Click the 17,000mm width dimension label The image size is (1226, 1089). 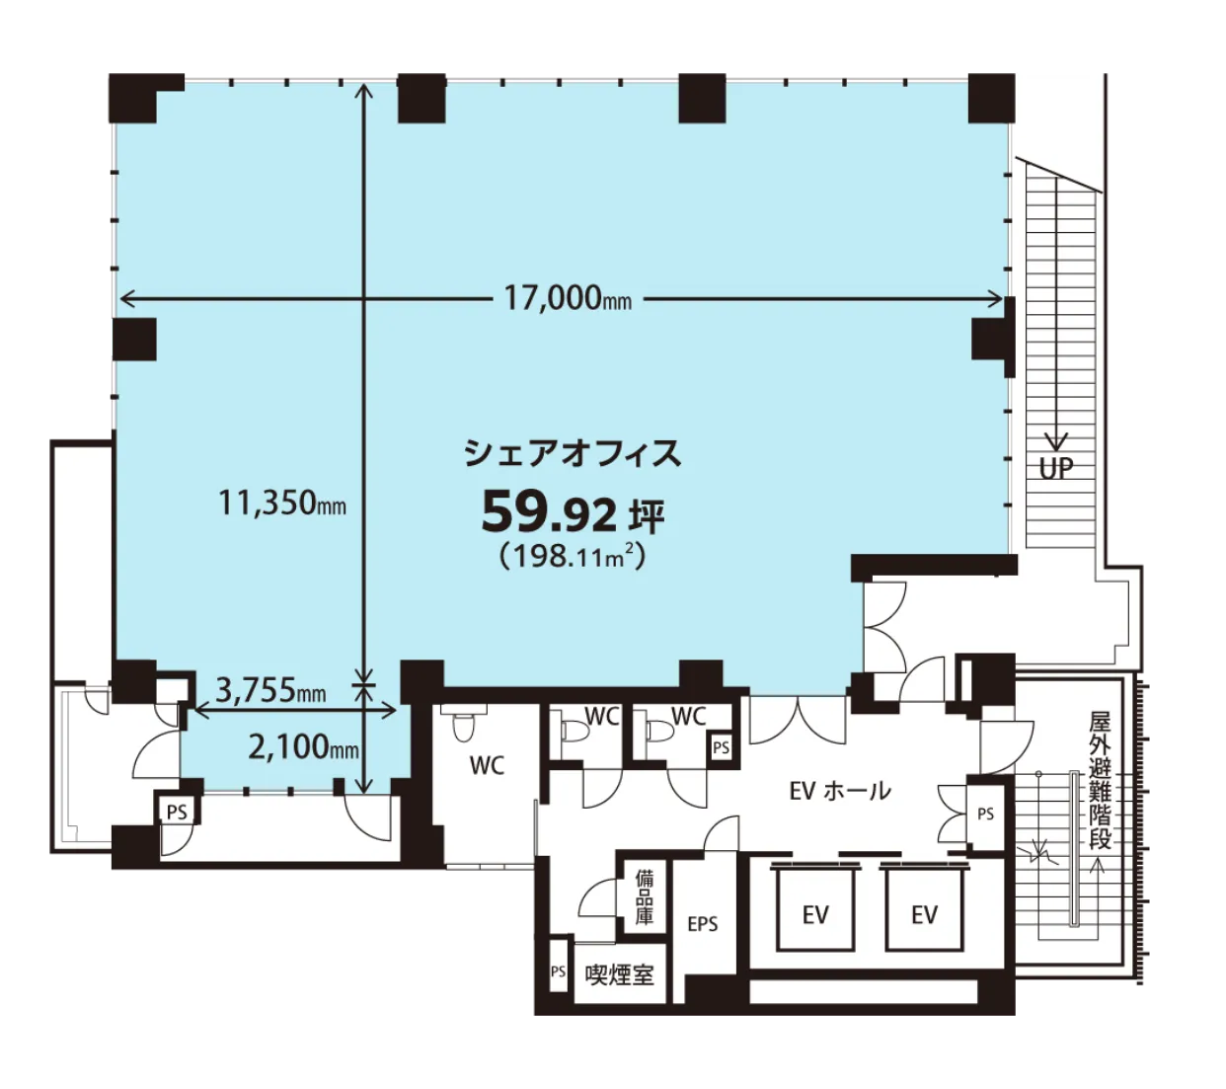567,298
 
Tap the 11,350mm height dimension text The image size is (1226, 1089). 282,503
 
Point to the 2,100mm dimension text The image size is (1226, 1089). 303,747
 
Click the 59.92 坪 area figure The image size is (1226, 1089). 573,513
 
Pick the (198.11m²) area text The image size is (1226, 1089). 573,556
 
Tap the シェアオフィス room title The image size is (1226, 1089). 573,453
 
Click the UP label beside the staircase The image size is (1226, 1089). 1056,467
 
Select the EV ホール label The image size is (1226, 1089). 840,791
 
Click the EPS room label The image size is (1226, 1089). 703,924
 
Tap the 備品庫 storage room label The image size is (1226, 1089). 644,897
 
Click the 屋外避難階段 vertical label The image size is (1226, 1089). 1100,780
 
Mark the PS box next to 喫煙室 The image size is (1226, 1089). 558,972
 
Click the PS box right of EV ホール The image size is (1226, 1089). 985,814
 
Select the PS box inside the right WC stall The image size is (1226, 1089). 721,747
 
